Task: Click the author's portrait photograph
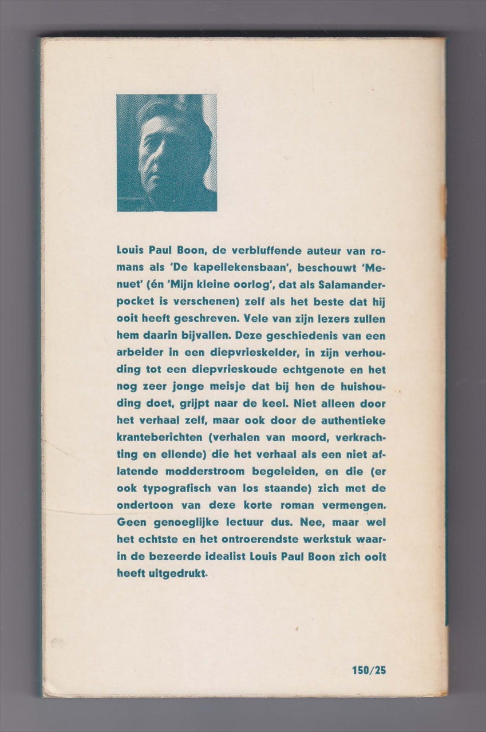tap(167, 153)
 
